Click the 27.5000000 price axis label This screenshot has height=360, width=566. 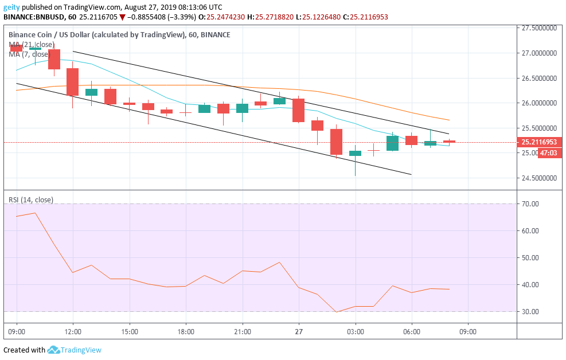pos(539,28)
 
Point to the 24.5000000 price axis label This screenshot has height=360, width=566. pos(539,178)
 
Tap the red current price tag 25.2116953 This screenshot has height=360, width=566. pos(540,142)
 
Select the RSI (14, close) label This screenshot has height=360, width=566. pos(31,199)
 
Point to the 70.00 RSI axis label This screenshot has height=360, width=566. pos(530,204)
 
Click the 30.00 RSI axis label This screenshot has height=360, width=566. pos(530,312)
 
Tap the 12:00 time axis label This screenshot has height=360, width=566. pos(73,332)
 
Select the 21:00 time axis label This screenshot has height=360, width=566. pos(243,332)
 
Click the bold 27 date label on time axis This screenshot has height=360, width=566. pos(299,332)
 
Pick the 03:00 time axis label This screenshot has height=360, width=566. pos(356,332)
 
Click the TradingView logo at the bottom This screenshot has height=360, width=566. pos(74,350)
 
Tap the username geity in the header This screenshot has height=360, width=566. pos(13,7)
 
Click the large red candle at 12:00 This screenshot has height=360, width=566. pos(72,82)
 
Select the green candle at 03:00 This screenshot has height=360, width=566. pos(356,153)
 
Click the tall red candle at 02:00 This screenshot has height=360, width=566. pos(336,142)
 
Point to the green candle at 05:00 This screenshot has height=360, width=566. pos(392,143)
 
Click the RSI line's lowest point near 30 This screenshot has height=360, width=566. pos(337,312)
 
